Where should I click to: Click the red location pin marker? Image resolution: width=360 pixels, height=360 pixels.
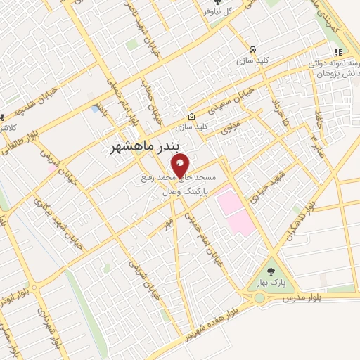pyautogui.click(x=181, y=167)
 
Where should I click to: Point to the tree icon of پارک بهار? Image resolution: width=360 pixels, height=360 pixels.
pyautogui.click(x=271, y=271)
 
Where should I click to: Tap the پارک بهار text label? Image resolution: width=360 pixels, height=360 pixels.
pyautogui.click(x=271, y=284)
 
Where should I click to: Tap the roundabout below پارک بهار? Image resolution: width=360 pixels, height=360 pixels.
pyautogui.click(x=262, y=298)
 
